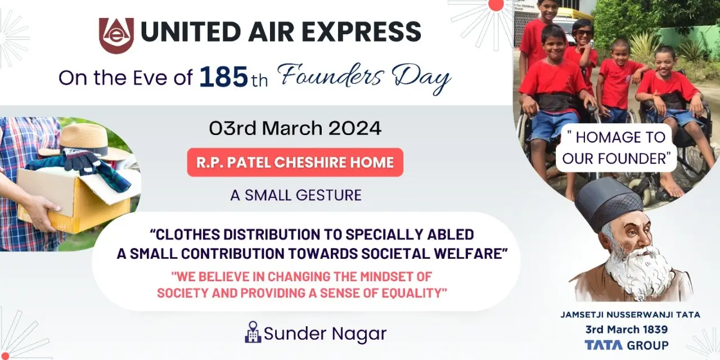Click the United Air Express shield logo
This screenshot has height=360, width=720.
[x=116, y=35]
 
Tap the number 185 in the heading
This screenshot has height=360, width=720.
[x=224, y=77]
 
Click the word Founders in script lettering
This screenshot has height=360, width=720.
[x=331, y=75]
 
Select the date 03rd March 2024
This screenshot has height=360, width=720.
[x=295, y=128]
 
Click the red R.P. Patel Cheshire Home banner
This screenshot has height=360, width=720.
[x=295, y=163]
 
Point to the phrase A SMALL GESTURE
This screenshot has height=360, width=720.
[x=296, y=195]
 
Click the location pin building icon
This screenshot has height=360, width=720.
[x=253, y=332]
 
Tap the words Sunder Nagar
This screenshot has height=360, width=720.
[x=325, y=334]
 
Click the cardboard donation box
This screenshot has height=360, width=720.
[x=74, y=199]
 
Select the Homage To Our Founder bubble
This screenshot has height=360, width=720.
[x=616, y=148]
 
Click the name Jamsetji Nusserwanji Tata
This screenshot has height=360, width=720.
[x=630, y=314]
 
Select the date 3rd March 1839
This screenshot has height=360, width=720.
[x=627, y=330]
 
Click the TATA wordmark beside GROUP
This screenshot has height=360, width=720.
[x=604, y=345]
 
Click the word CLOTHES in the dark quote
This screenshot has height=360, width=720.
[x=185, y=235]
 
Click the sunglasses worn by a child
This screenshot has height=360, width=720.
[x=583, y=33]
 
